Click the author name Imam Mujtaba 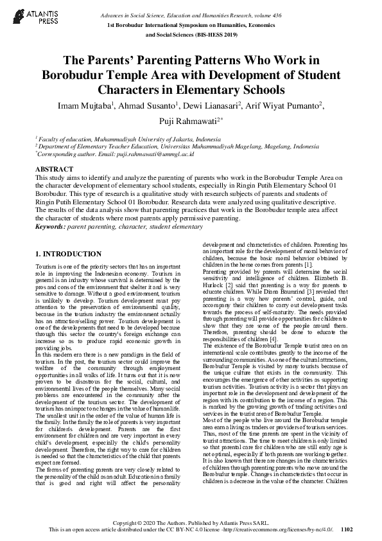tap(81, 105)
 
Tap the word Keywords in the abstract tap(51, 227)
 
